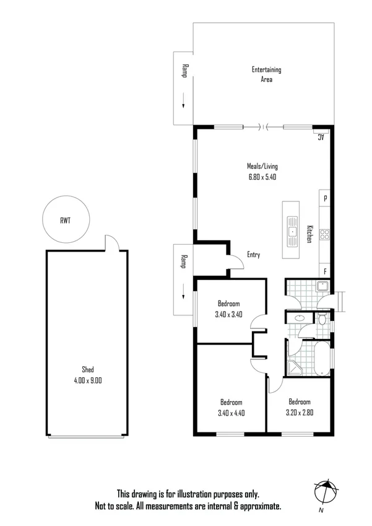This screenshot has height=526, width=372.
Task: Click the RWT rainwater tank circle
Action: [x=65, y=219]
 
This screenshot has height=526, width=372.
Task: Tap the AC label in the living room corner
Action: [x=321, y=137]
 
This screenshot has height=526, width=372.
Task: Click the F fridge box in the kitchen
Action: [x=325, y=271]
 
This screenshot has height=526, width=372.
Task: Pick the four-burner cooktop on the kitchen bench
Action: [x=325, y=234]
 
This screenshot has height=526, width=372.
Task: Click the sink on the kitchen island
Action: [x=292, y=230]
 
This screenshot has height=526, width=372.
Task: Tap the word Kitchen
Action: [x=309, y=234]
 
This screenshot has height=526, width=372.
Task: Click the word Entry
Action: [x=253, y=255]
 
